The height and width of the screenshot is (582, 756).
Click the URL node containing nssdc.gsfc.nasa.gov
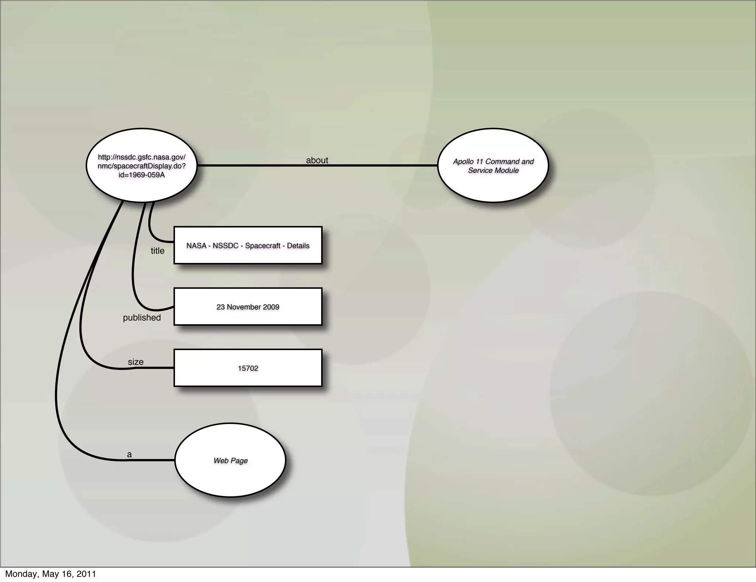(141, 165)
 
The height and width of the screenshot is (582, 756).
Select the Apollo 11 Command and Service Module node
(493, 165)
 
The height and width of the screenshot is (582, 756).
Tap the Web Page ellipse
(230, 460)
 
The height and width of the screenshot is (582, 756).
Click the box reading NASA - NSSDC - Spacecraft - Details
(248, 246)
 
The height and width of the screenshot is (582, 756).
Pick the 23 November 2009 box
(248, 307)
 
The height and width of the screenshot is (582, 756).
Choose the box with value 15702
(248, 368)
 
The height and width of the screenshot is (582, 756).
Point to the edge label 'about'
(317, 160)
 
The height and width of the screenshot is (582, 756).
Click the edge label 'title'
(158, 251)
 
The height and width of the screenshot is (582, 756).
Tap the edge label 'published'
(142, 318)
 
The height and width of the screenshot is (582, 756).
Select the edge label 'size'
(135, 362)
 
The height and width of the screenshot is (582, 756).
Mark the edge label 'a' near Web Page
(129, 455)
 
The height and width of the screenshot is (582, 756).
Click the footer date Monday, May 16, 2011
(51, 574)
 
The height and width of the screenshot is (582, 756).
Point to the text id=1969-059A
(141, 175)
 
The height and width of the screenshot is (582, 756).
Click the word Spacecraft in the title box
(263, 246)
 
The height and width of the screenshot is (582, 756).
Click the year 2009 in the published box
(271, 307)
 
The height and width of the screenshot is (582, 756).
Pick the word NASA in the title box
(196, 246)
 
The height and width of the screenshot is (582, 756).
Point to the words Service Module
(493, 170)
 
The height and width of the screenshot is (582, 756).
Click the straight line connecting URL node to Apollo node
(369, 165)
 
